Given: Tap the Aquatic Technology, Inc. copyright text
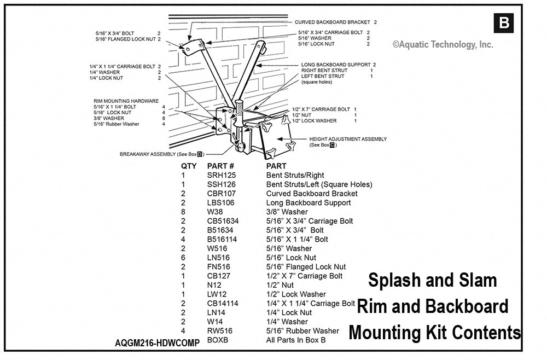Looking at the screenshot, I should pyautogui.click(x=443, y=45).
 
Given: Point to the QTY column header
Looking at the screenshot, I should pyautogui.click(x=189, y=165).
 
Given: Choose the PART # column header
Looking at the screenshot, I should pyautogui.click(x=220, y=165).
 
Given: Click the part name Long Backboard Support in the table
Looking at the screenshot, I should pyautogui.click(x=309, y=202).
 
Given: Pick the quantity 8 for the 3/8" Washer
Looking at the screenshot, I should pyautogui.click(x=183, y=212).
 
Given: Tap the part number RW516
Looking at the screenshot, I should pyautogui.click(x=219, y=330).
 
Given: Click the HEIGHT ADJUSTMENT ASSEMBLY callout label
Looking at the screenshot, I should pyautogui.click(x=348, y=139).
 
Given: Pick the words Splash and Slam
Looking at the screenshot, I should pyautogui.click(x=432, y=280).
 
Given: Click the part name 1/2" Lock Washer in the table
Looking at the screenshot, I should pyautogui.click(x=296, y=294).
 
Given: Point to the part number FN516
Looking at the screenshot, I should pyautogui.click(x=218, y=266).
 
